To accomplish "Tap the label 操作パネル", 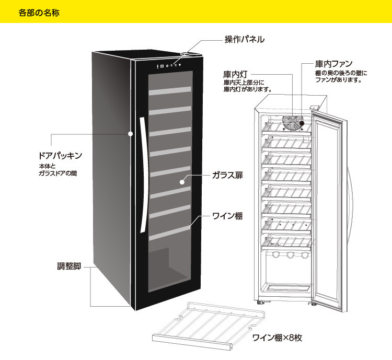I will click(x=245, y=39).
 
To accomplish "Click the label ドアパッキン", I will click(x=61, y=156).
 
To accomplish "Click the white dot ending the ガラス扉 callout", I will click(x=181, y=182).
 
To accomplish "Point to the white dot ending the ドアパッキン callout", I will click(x=130, y=133).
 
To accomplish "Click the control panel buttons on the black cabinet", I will click(x=169, y=65).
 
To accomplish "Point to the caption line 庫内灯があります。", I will click(x=247, y=89).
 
